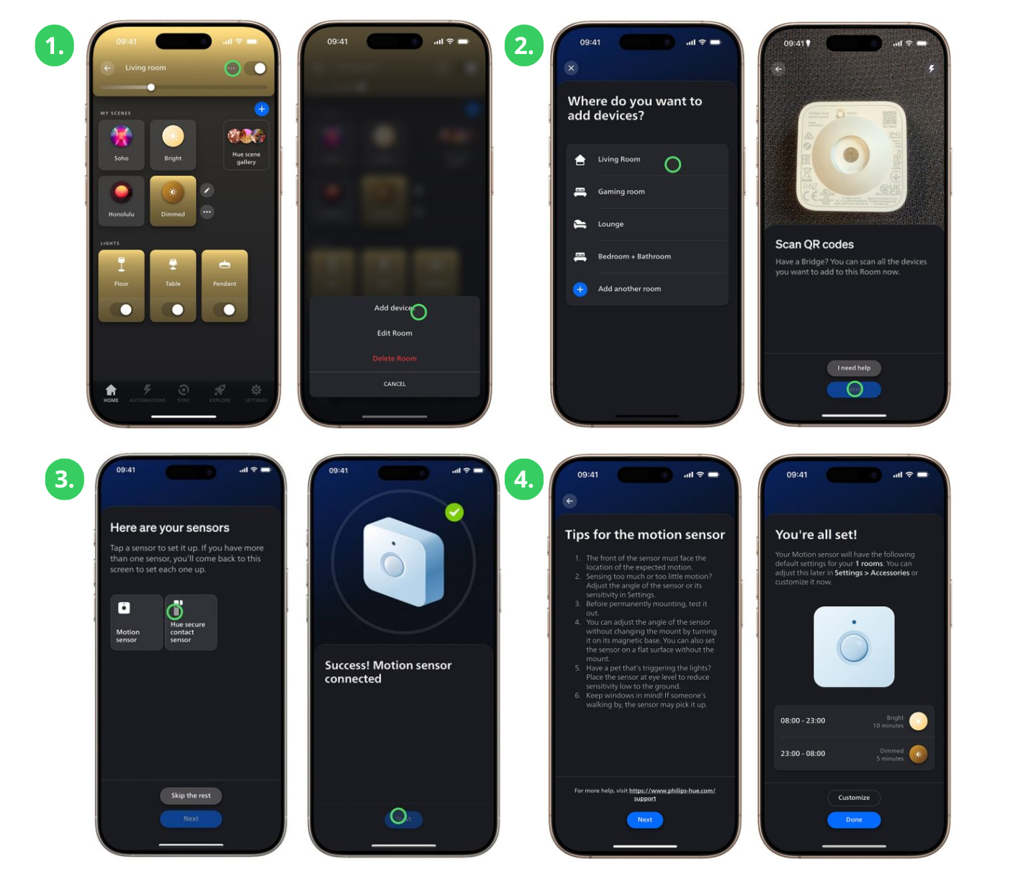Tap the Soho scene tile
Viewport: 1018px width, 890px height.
(x=122, y=144)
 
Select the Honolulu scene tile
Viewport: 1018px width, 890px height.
(x=122, y=199)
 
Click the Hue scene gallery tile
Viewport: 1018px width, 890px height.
(x=246, y=145)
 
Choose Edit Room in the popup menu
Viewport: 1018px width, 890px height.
(x=395, y=333)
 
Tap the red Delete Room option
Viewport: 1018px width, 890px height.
(x=395, y=359)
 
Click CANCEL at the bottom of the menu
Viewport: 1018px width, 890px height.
(x=395, y=384)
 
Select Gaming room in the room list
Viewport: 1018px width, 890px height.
(x=621, y=192)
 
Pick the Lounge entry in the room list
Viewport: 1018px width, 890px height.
(x=611, y=225)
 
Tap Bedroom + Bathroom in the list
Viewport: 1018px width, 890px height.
(x=634, y=257)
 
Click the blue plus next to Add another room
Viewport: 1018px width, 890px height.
(x=580, y=289)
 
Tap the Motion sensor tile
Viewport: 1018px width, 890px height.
(x=136, y=622)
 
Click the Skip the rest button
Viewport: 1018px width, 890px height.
(x=191, y=796)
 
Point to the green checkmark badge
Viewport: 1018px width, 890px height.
(x=454, y=512)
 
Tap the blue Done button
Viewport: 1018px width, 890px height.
(x=854, y=820)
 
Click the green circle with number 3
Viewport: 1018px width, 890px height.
(x=64, y=479)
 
